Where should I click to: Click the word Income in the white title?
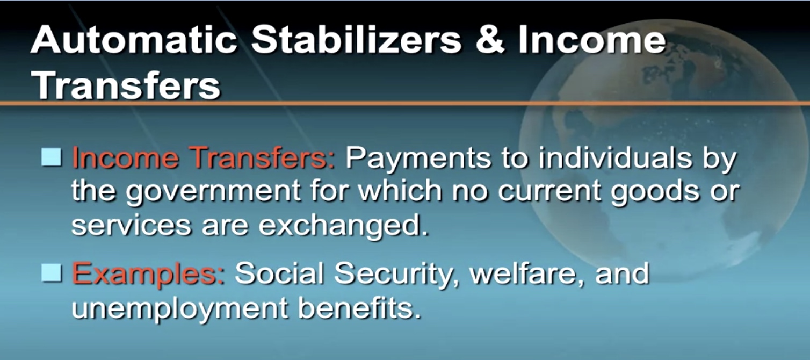click(591, 40)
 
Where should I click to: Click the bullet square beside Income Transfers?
click(52, 157)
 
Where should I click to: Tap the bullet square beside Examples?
click(52, 272)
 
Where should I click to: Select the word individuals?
click(615, 157)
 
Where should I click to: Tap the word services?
click(131, 226)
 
